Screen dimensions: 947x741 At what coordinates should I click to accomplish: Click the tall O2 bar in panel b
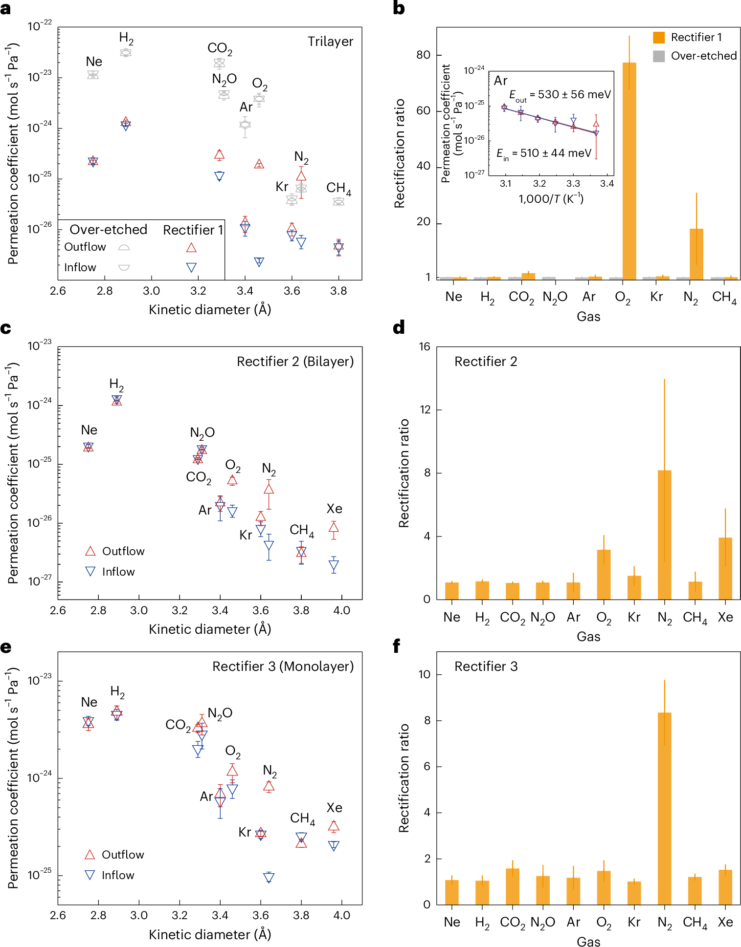[629, 171]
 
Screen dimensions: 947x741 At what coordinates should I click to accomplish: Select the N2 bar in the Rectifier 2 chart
[664, 535]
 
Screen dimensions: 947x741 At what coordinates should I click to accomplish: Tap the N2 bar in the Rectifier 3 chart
[664, 808]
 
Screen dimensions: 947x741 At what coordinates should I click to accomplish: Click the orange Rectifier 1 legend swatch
[659, 38]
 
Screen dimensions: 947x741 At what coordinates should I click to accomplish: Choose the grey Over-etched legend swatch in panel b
[659, 56]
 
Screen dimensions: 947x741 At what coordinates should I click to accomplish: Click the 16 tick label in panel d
[424, 347]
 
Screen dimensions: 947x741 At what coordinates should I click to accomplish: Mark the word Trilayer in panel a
[330, 42]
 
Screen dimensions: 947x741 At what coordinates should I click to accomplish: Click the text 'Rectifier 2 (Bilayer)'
[295, 362]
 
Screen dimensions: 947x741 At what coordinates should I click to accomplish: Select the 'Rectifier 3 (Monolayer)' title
[283, 667]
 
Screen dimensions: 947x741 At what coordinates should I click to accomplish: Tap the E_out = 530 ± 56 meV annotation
[560, 95]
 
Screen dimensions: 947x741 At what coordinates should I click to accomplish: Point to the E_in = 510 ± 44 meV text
[544, 153]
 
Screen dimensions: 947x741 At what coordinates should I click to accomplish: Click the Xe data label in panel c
[334, 509]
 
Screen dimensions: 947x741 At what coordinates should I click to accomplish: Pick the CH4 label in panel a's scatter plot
[338, 188]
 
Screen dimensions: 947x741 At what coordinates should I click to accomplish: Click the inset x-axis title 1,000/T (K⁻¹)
[551, 199]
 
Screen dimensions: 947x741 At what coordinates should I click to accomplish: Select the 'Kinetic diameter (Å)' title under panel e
[210, 934]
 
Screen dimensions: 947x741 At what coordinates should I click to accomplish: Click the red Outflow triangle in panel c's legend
[90, 551]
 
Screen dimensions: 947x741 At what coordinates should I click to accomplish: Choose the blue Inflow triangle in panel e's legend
[90, 875]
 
